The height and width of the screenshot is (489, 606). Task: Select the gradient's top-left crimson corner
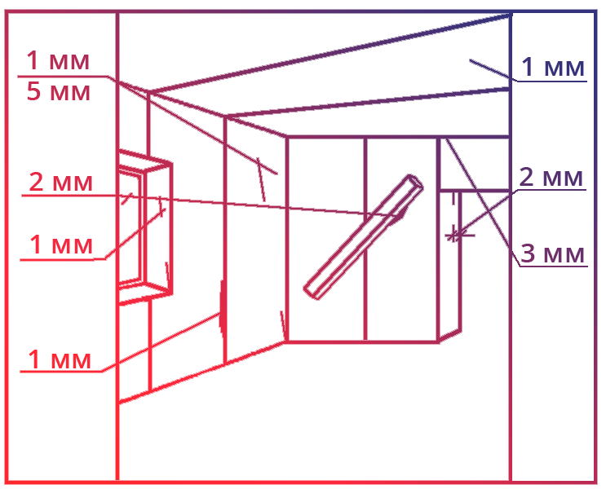point(11,16)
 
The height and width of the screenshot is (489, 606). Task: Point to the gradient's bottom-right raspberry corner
point(591,477)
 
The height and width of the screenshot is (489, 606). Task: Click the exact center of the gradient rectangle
point(301,247)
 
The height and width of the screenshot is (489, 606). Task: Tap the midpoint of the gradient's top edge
point(301,12)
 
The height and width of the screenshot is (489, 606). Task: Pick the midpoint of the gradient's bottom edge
point(301,481)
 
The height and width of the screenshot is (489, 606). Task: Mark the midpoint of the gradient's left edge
point(7,247)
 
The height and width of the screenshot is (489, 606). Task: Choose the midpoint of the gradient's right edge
point(595,247)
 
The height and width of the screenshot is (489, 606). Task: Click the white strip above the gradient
point(301,4)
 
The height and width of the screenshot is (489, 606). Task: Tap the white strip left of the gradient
point(2,247)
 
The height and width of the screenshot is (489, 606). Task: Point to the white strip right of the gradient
point(602,247)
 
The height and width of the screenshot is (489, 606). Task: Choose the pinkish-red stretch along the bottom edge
point(408,477)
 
